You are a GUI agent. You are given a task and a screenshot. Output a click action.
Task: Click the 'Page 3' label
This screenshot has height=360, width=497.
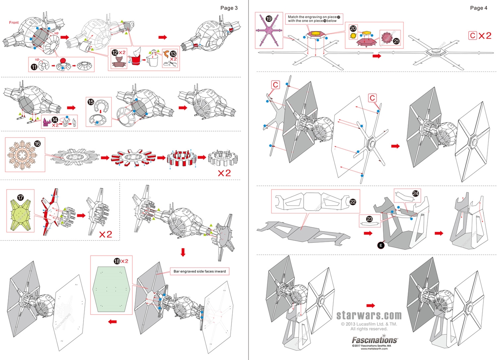pos(229,7)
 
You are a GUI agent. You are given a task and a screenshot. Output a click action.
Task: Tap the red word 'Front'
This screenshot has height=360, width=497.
pos(14,22)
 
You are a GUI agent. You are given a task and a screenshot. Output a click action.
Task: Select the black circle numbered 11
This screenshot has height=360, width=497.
pos(34,67)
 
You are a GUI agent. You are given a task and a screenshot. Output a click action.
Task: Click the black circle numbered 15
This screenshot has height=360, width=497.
pos(91,102)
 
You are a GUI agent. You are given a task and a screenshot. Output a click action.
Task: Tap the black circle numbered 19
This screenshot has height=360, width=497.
pos(269,18)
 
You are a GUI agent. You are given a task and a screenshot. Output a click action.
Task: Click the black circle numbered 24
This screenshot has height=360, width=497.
pos(416,193)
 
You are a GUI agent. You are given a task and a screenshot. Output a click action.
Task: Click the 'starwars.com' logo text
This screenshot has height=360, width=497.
pos(369,315)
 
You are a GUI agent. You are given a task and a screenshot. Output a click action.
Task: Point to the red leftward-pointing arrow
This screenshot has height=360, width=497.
pos(113,321)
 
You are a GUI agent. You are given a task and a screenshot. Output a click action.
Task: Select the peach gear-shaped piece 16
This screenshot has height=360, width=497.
pos(25,156)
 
